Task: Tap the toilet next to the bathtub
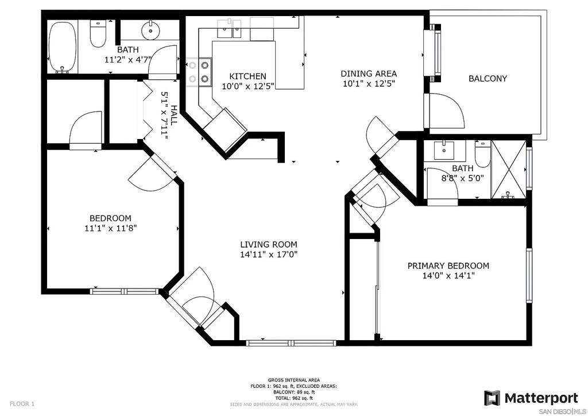(x=98, y=33)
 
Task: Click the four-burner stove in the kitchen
(x=198, y=71)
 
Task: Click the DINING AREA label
(x=369, y=74)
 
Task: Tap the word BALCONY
(x=488, y=78)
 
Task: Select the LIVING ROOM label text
(x=269, y=245)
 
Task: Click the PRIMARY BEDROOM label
(x=448, y=266)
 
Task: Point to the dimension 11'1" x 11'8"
(x=111, y=228)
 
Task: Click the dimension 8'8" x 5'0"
(x=462, y=178)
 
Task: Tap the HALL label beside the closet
(x=173, y=115)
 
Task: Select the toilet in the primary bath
(x=482, y=154)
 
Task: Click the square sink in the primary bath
(x=444, y=150)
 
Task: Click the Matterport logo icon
(x=492, y=398)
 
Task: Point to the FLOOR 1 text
(x=22, y=404)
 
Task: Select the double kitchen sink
(x=229, y=29)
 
